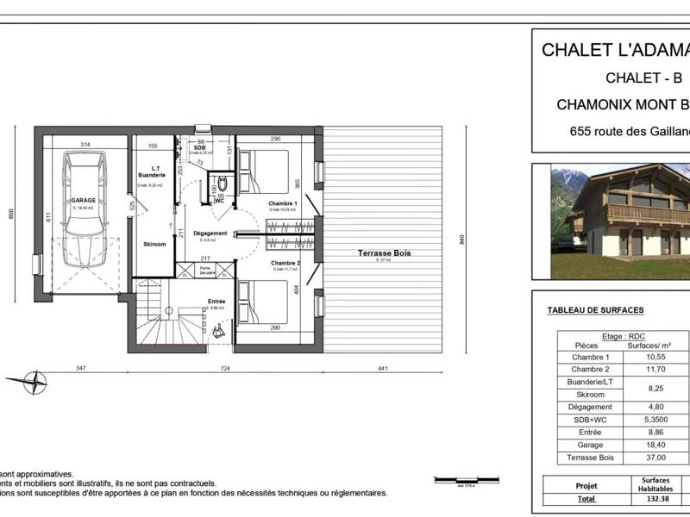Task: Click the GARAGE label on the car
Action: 84,200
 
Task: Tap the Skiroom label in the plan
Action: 155,244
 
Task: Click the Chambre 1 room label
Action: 282,203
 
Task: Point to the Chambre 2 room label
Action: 285,262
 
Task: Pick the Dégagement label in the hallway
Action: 210,234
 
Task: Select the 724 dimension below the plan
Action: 225,368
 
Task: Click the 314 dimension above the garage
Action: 85,144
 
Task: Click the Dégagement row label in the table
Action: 592,407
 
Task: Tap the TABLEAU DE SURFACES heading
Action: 595,310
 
